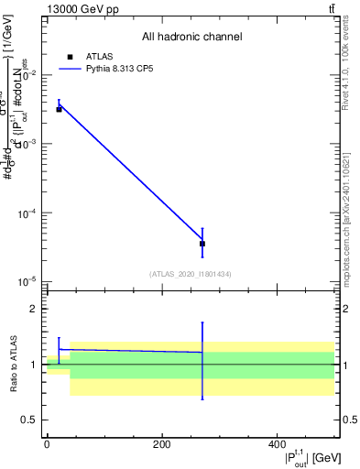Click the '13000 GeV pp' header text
[x=82, y=9]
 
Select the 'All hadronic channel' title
[x=191, y=37]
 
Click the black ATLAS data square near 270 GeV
[x=202, y=244]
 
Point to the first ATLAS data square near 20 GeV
[x=59, y=109]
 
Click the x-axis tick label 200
[x=161, y=443]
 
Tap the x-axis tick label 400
[x=277, y=443]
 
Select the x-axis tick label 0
[x=47, y=443]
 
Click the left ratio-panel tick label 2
[x=37, y=310]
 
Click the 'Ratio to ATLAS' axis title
[x=14, y=365]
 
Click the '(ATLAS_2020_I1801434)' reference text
[x=191, y=274]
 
